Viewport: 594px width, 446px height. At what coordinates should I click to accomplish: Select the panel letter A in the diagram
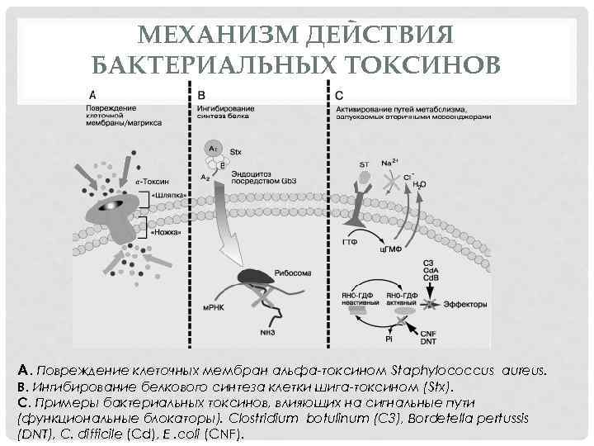tap(92, 93)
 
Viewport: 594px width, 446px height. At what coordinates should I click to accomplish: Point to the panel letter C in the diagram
tap(340, 93)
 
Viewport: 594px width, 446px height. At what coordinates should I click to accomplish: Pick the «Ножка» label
tap(168, 234)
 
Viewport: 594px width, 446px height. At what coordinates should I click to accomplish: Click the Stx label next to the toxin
tap(235, 152)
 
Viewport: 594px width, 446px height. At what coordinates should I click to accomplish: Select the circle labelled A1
tap(212, 146)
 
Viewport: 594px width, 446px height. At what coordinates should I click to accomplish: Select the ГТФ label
tap(350, 242)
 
